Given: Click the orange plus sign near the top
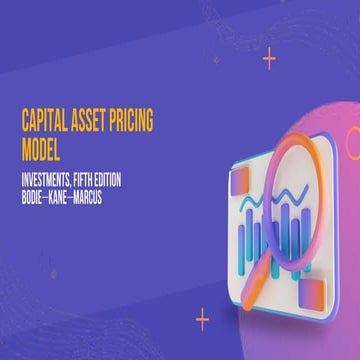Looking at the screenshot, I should click(269, 59).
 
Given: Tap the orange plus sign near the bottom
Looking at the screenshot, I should click(203, 319).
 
